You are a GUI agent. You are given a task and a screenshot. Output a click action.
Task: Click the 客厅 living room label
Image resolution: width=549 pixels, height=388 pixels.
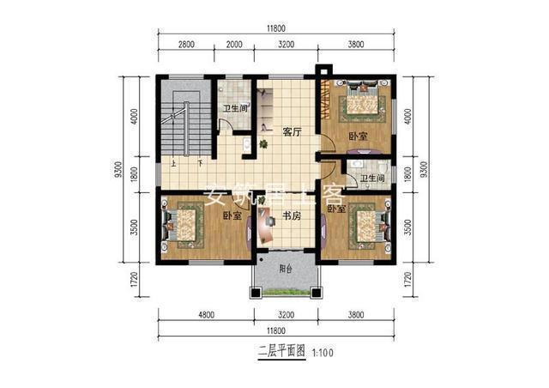(293, 133)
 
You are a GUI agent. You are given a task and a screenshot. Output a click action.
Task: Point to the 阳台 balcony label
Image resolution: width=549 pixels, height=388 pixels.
(286, 268)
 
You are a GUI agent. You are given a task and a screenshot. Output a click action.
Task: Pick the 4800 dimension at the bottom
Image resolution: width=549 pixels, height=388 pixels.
(203, 315)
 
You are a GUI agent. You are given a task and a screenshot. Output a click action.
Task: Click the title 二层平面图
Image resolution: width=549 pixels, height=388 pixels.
(281, 352)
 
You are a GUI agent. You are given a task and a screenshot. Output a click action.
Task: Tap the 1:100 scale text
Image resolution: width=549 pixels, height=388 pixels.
(323, 352)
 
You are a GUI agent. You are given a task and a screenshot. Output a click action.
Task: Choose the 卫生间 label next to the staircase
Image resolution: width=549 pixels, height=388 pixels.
(234, 110)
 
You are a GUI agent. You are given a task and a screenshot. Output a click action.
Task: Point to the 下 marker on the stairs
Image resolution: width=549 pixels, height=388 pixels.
(199, 163)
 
